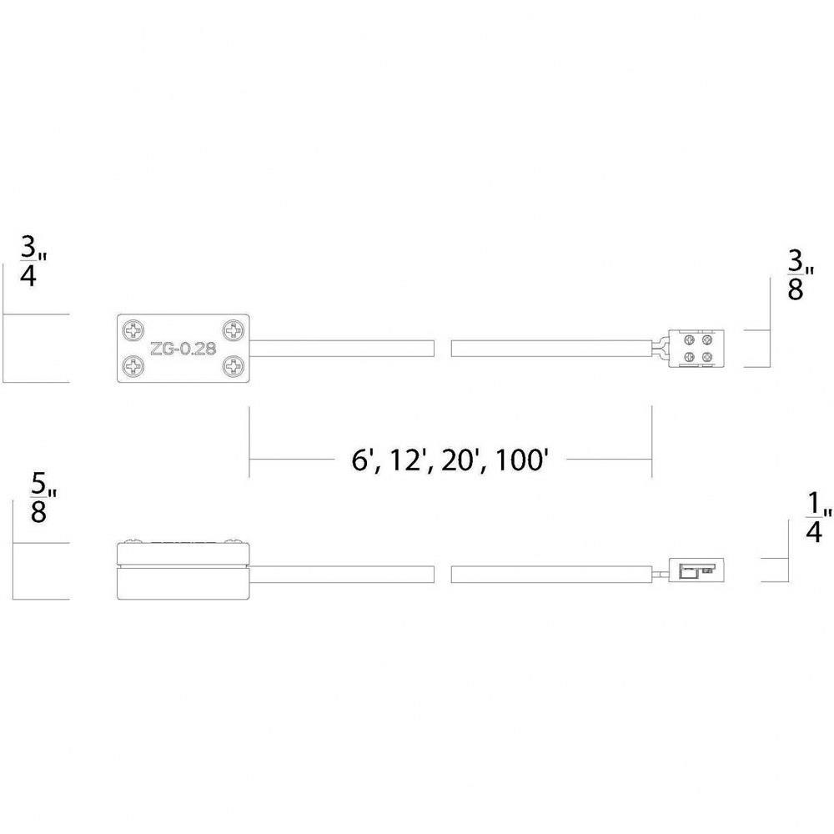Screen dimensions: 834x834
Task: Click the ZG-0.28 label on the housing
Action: tap(183, 349)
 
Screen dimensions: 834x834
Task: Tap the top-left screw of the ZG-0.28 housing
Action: tap(133, 331)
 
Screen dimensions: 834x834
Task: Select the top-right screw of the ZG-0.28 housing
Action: tap(233, 331)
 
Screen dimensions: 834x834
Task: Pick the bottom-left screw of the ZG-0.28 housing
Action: tap(133, 365)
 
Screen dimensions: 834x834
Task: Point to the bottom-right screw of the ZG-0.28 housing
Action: tap(233, 365)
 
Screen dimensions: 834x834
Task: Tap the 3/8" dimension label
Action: tap(801, 275)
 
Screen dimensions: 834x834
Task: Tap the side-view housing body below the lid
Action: tap(183, 584)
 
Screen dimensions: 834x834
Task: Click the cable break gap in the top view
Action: tap(443, 349)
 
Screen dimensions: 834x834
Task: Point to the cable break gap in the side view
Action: tap(443, 575)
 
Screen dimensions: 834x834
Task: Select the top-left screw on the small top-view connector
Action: tap(690, 339)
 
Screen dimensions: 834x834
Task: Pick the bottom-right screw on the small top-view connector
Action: tap(707, 357)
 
